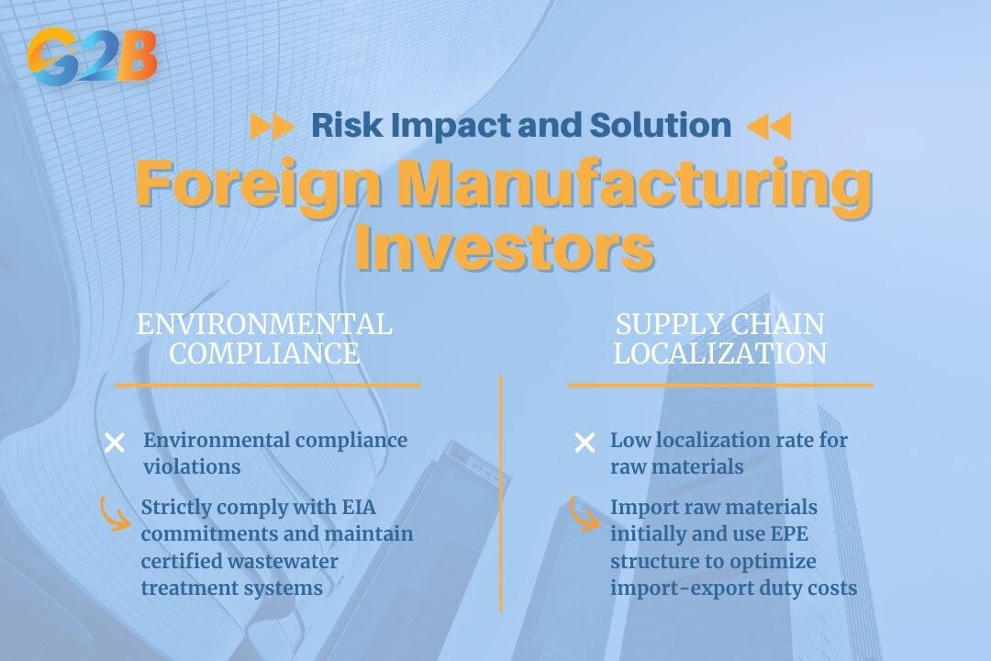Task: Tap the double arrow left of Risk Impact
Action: point(272,126)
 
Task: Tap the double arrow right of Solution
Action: point(768,126)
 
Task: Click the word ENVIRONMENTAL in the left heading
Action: point(264,324)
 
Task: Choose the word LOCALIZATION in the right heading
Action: point(720,353)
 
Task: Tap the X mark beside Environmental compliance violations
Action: point(115,443)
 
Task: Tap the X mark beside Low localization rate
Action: point(584,443)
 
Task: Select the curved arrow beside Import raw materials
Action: point(584,513)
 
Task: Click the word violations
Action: point(192,466)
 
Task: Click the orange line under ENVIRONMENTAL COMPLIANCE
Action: point(267,385)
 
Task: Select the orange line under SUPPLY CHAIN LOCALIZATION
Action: point(720,385)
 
